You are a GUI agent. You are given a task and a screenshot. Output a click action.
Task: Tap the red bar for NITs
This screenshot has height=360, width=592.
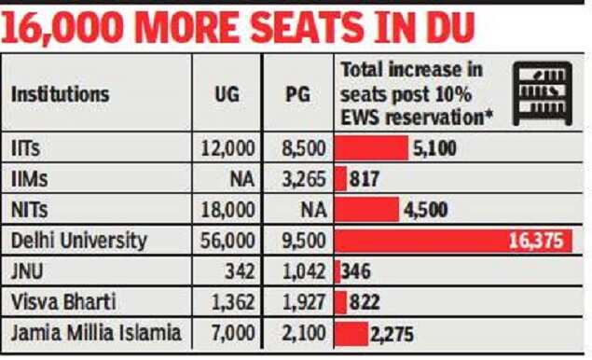click(x=366, y=209)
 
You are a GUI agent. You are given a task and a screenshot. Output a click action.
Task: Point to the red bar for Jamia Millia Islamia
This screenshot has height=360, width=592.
click(x=351, y=333)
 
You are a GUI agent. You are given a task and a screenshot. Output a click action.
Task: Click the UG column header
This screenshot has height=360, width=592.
click(x=227, y=94)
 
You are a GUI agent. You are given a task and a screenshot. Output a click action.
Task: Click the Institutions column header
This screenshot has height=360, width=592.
click(x=60, y=94)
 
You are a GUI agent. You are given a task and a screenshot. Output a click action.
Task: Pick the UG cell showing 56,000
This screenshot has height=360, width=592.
click(x=227, y=241)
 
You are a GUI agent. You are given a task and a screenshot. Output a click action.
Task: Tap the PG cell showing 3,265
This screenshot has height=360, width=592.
click(x=299, y=178)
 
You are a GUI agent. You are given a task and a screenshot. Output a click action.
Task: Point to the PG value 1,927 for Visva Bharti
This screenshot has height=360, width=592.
click(x=299, y=302)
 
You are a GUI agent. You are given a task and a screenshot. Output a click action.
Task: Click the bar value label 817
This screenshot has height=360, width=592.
click(x=365, y=178)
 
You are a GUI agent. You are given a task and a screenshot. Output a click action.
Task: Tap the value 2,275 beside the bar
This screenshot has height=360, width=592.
click(x=392, y=333)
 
